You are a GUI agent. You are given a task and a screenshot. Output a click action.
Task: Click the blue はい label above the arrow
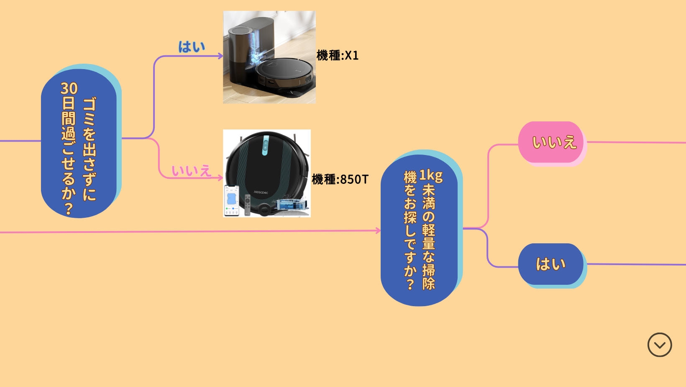[x=192, y=46]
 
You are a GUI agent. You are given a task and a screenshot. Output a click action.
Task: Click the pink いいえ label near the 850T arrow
[x=191, y=170]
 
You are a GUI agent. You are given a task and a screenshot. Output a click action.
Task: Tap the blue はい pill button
[x=550, y=264]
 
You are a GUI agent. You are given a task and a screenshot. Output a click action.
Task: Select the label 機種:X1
[x=338, y=55]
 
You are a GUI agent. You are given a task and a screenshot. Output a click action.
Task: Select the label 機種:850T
[x=340, y=179]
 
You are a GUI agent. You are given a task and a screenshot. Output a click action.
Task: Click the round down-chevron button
[x=659, y=345]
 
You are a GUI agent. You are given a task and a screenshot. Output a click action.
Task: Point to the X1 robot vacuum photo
[x=269, y=57]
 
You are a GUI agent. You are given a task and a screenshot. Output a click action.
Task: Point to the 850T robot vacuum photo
[x=267, y=173]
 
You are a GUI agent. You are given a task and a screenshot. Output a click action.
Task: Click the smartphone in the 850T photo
[x=232, y=200]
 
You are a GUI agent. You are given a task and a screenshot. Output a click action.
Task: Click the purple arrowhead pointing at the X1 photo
[x=220, y=56]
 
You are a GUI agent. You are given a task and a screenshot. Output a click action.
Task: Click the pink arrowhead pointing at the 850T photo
[x=220, y=178]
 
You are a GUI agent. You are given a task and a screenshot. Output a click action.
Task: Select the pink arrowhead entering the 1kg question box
[x=378, y=230]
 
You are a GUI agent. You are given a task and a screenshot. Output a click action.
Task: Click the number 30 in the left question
[x=69, y=88]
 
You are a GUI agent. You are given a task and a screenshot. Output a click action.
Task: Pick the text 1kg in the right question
[x=430, y=175]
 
